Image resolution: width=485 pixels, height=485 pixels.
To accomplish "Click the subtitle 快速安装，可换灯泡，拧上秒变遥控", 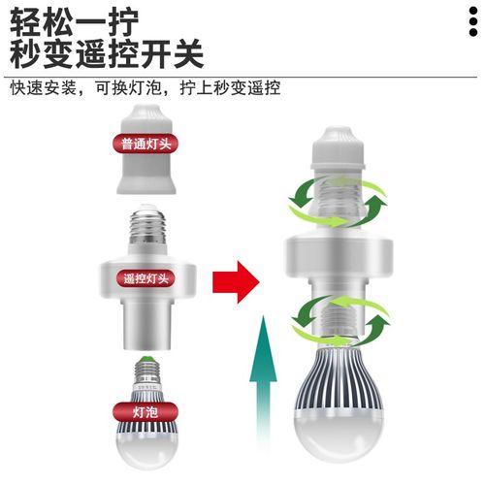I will tap(145, 87).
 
